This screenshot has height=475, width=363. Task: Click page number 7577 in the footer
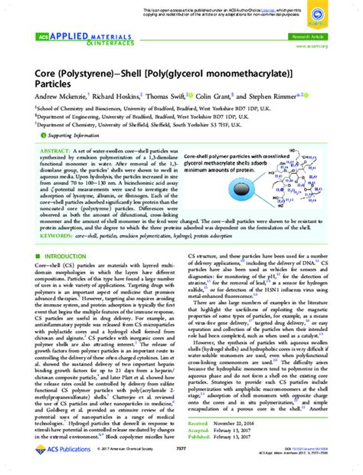click(181, 462)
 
